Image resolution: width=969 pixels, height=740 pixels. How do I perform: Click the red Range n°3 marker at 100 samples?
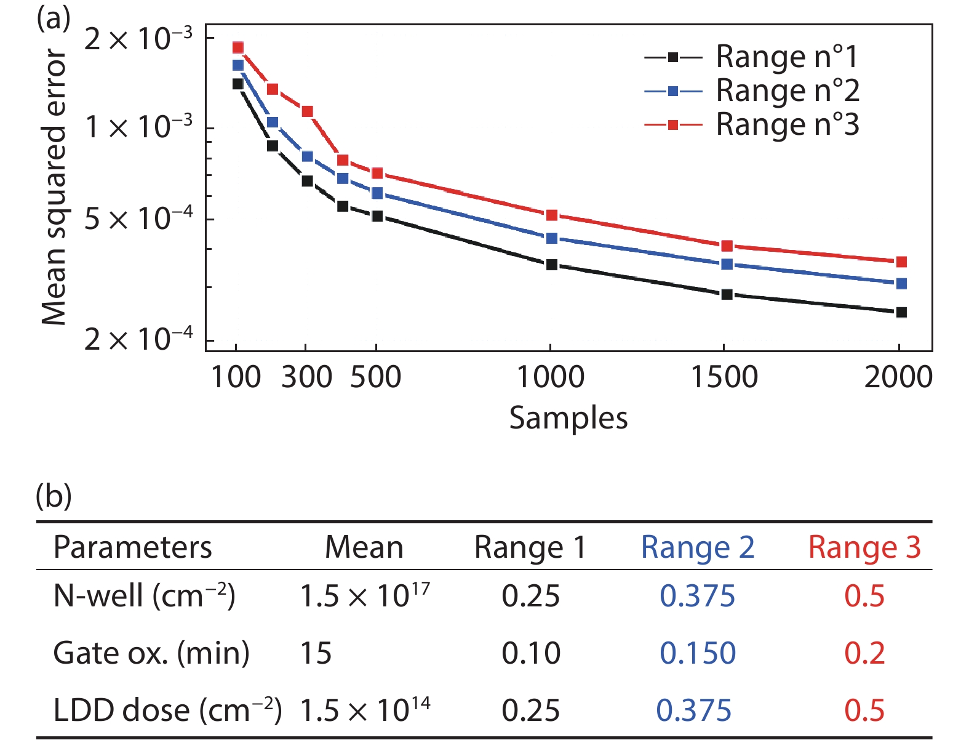[238, 47]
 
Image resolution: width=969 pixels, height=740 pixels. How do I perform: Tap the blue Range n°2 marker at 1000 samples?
[552, 238]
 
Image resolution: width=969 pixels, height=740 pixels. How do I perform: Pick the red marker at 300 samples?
[308, 111]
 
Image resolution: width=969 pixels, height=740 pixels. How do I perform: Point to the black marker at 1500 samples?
[727, 294]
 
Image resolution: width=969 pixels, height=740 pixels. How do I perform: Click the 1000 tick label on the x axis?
[551, 377]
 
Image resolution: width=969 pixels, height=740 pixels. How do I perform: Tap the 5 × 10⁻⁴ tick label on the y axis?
[139, 219]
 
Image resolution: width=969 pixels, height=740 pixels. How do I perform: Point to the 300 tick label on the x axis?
[307, 377]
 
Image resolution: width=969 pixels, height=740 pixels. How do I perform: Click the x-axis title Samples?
[568, 418]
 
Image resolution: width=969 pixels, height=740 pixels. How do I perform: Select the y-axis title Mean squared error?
[54, 188]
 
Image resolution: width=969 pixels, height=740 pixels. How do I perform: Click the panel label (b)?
[54, 496]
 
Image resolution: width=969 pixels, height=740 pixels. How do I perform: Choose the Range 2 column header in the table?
[698, 547]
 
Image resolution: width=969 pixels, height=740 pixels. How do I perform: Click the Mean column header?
[364, 547]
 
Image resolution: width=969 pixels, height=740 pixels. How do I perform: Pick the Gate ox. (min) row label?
[151, 653]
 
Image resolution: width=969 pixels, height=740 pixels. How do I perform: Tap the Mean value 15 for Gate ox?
[316, 653]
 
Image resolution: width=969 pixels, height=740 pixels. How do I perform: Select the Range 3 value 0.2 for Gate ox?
[864, 653]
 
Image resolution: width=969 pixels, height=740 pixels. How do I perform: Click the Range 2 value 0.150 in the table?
[698, 653]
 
